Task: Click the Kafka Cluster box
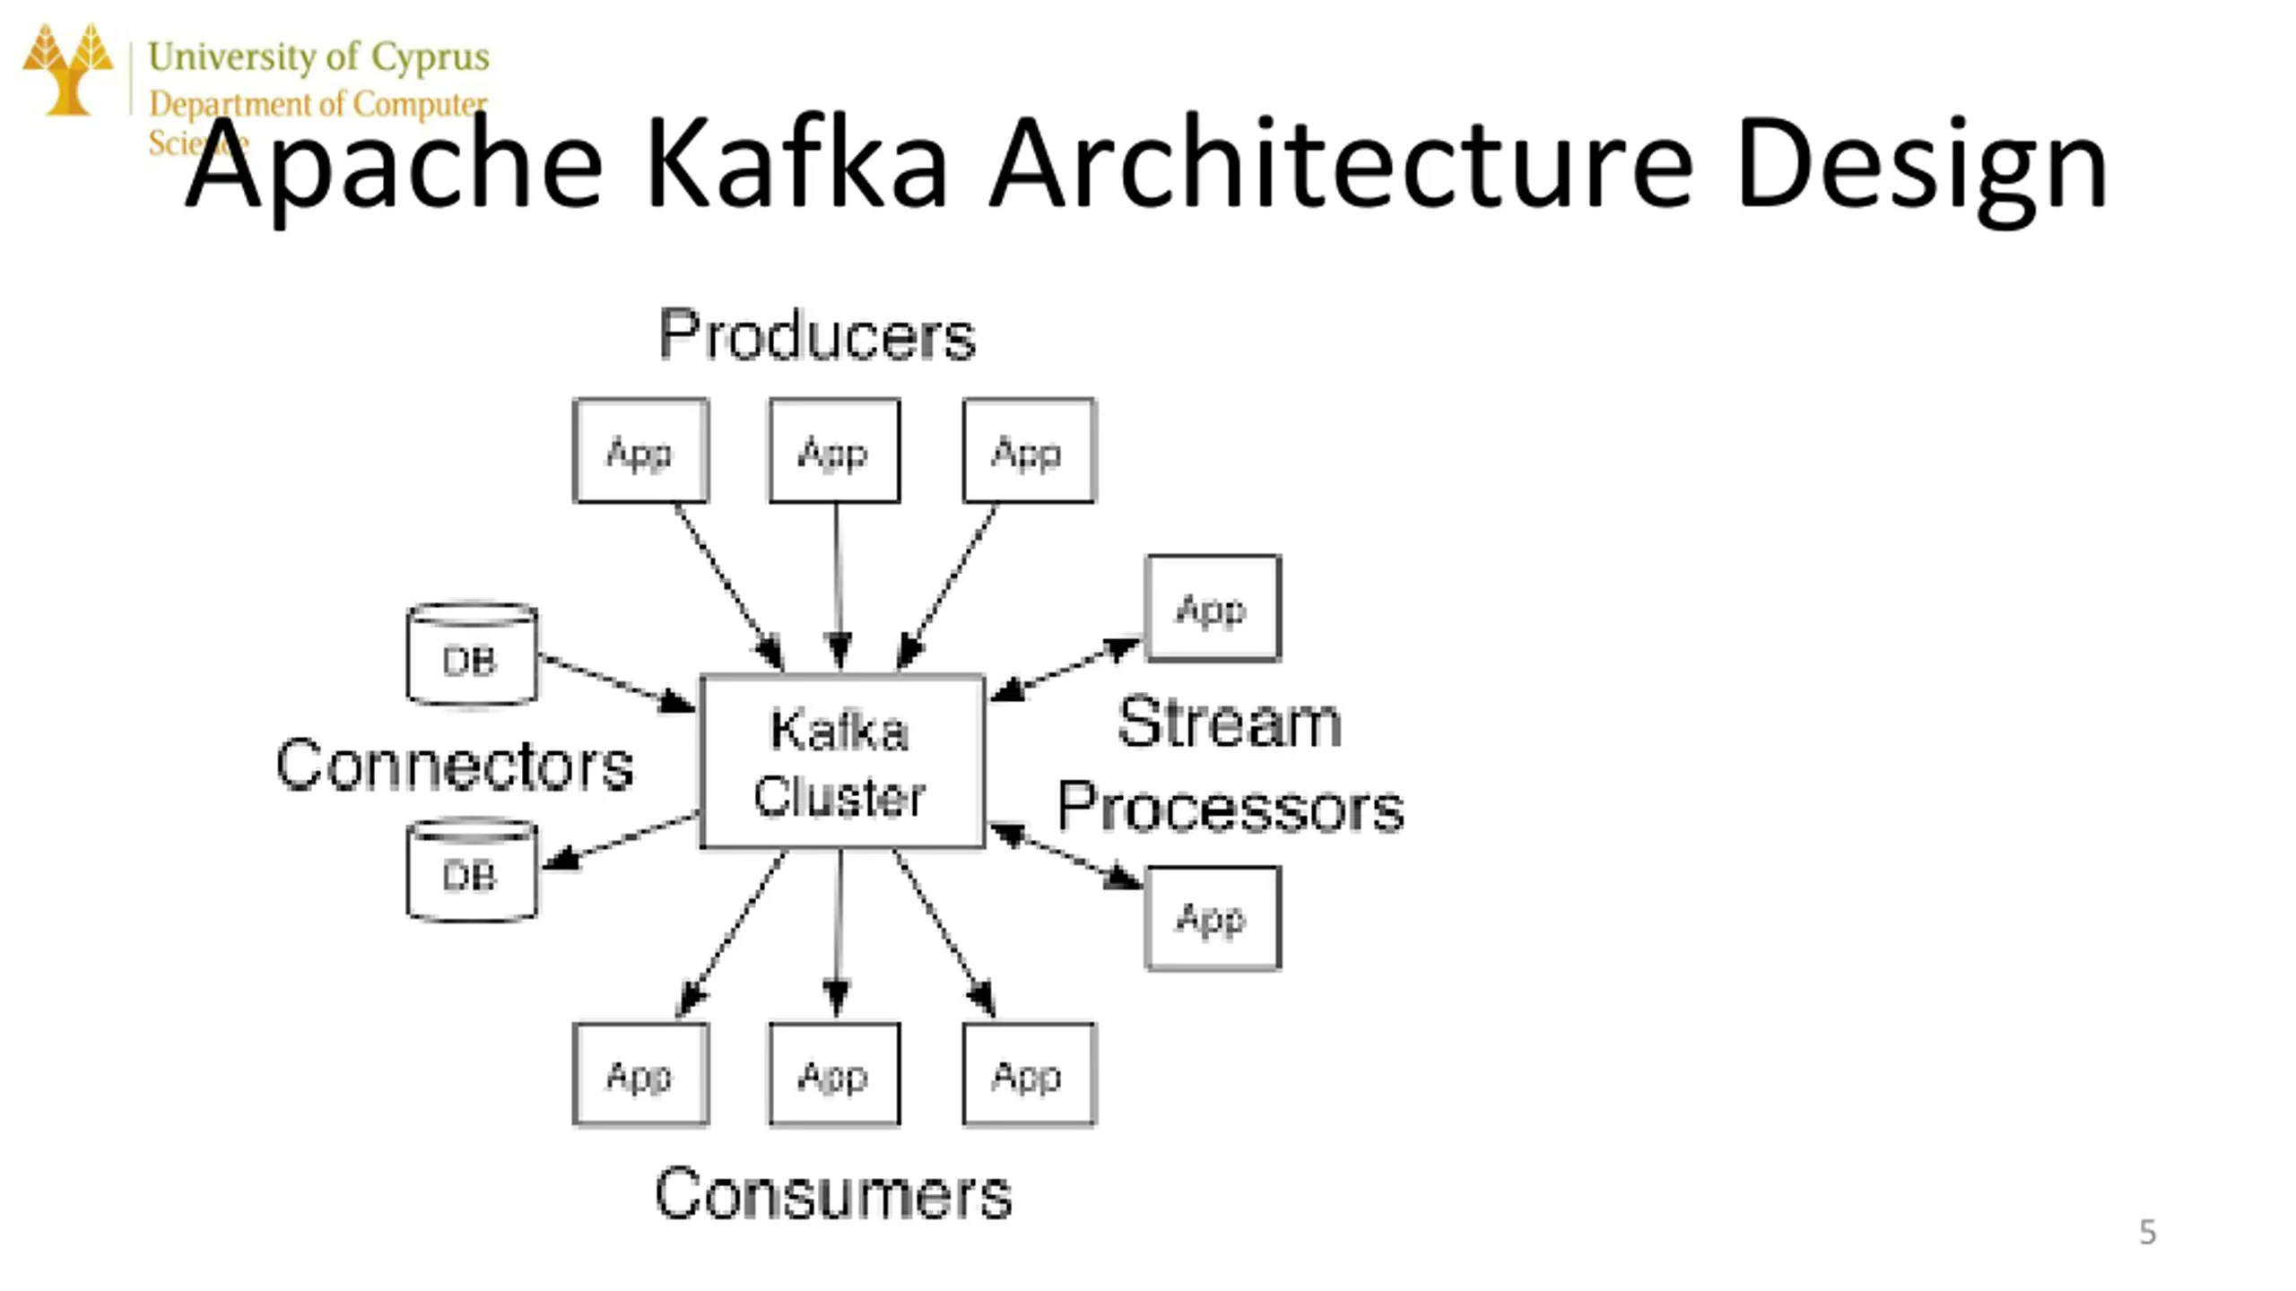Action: tap(841, 761)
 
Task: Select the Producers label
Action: tap(817, 335)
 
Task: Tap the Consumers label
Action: tap(833, 1193)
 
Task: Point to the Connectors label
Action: tap(455, 765)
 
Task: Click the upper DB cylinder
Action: tap(472, 654)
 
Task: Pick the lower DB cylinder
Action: tap(472, 871)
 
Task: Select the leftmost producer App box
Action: tap(640, 451)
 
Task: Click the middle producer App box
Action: tap(834, 451)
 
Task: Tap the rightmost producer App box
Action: tap(1029, 451)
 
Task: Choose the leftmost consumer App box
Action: tap(640, 1074)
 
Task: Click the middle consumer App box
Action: tap(834, 1074)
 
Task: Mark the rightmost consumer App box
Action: tap(1029, 1074)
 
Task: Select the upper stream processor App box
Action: tap(1213, 609)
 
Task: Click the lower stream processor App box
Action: tap(1213, 918)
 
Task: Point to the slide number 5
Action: tap(2147, 1232)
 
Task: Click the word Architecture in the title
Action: tap(1341, 166)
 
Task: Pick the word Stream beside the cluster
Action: tap(1229, 722)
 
